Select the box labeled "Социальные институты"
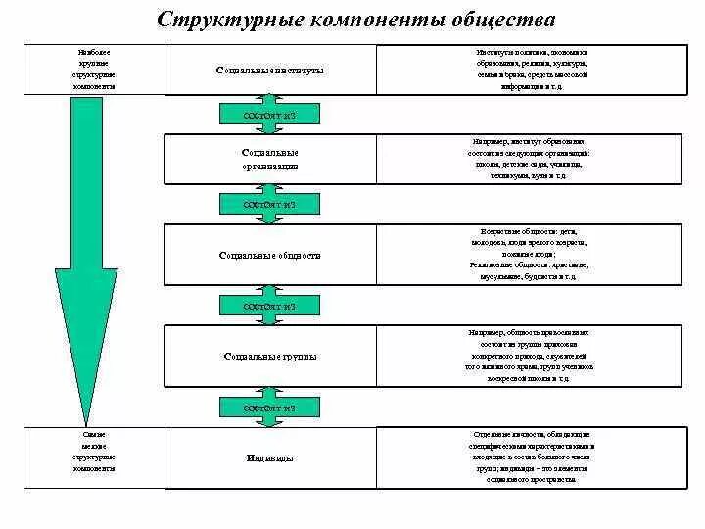coord(269,71)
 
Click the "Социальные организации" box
coord(269,160)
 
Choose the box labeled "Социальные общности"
coord(269,255)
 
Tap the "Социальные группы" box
coord(269,356)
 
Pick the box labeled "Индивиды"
coord(269,457)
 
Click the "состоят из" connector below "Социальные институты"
coord(268,116)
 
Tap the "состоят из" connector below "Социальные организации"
coord(268,205)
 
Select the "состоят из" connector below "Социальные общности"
coord(268,307)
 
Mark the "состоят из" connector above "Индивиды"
coord(268,407)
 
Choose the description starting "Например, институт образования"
coord(530,159)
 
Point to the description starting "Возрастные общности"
coord(530,255)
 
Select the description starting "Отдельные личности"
coord(530,457)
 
